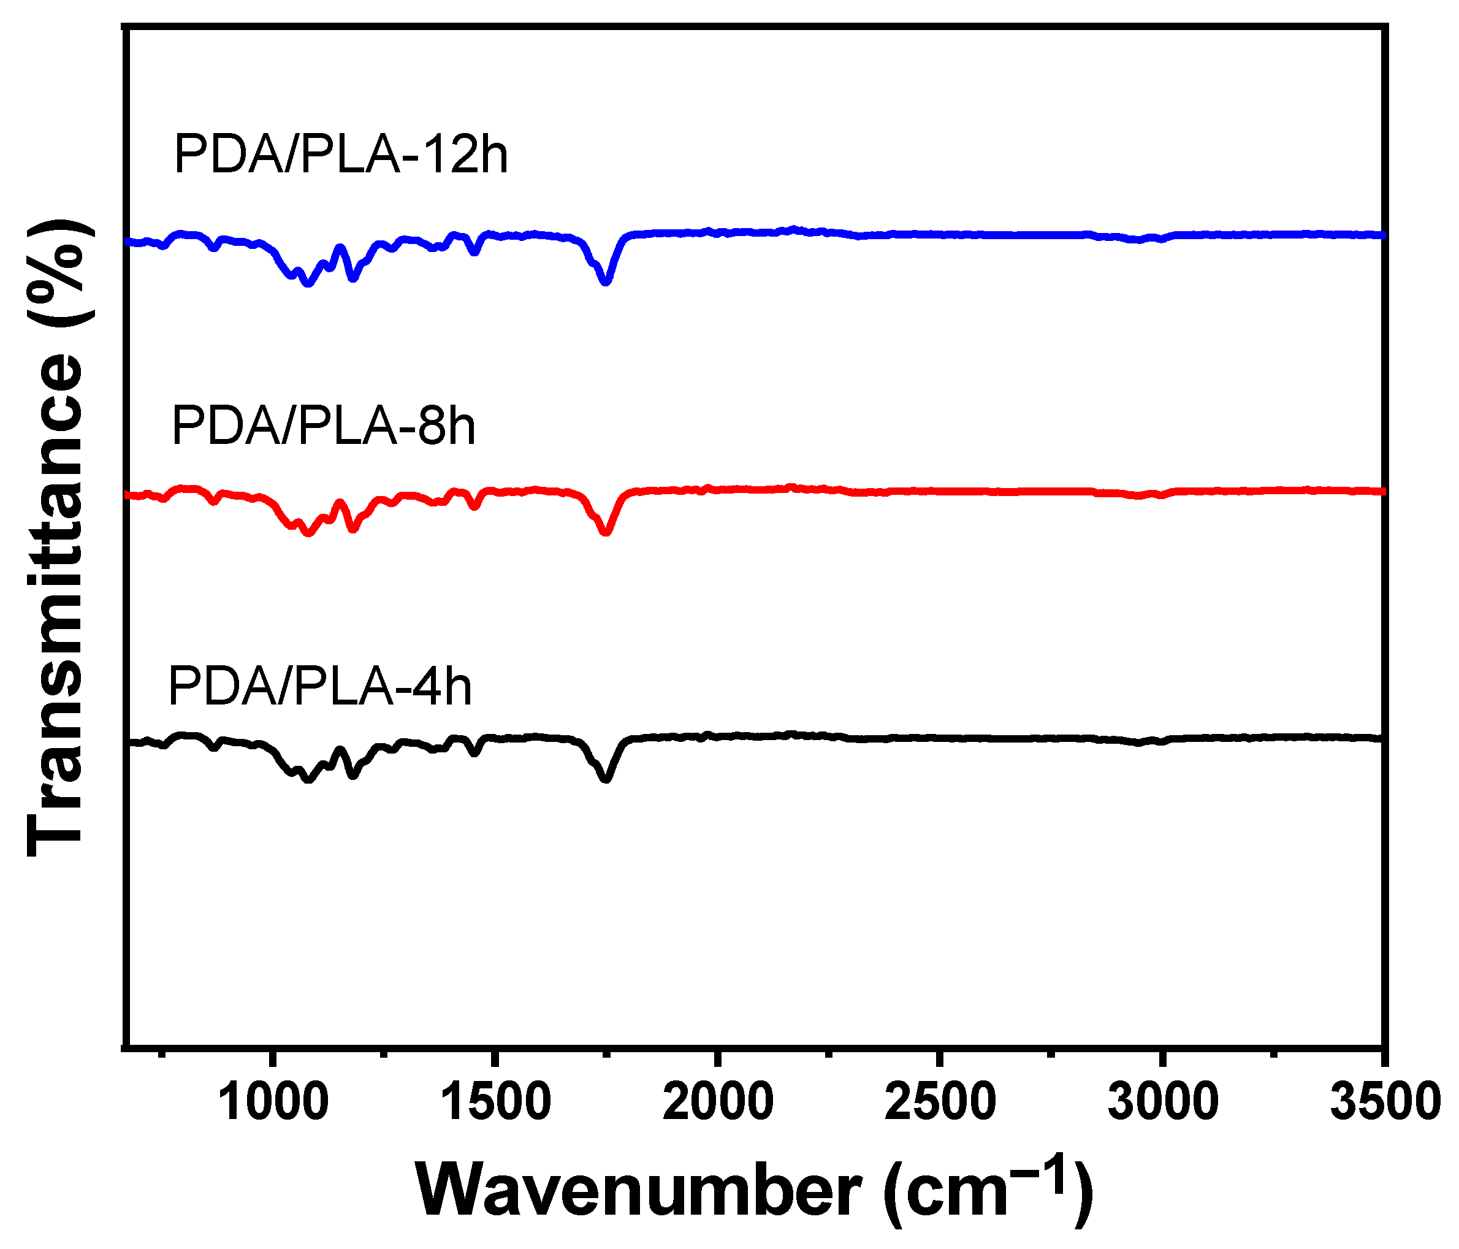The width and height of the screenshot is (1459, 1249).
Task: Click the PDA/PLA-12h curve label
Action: (341, 155)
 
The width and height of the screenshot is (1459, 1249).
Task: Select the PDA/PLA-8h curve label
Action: (324, 426)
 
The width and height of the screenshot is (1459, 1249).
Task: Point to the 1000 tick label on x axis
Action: (273, 1102)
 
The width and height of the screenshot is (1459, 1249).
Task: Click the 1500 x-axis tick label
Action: (496, 1102)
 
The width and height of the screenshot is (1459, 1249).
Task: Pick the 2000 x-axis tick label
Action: (718, 1102)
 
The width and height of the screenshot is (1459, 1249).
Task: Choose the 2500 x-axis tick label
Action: (940, 1102)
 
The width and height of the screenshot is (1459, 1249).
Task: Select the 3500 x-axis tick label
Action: (1384, 1102)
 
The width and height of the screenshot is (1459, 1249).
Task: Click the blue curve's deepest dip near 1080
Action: (307, 284)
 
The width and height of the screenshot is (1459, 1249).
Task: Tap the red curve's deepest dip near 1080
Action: (307, 534)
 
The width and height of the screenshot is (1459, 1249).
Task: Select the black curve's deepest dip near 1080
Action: (307, 780)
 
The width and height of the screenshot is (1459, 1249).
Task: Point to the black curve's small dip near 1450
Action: (474, 754)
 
